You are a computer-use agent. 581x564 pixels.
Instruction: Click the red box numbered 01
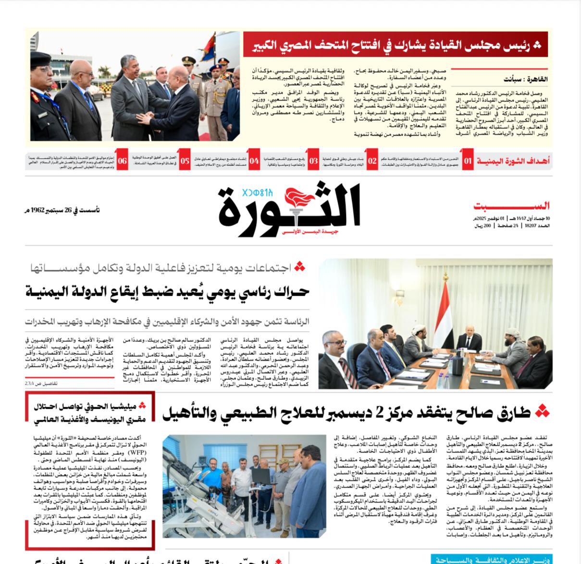click(468, 161)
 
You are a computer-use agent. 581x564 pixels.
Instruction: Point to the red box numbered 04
click(254, 161)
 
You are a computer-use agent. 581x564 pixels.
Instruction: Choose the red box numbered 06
click(123, 161)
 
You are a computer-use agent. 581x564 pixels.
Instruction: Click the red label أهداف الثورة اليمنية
click(513, 161)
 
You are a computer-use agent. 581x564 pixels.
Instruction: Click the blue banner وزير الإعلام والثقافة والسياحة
click(491, 560)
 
